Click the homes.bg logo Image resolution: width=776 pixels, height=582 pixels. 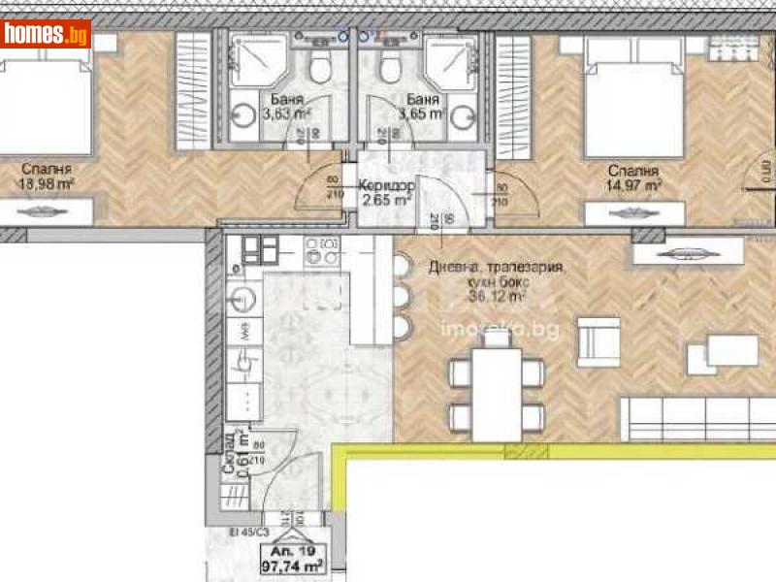(x=47, y=34)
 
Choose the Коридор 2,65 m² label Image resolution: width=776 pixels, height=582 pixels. (x=386, y=193)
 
